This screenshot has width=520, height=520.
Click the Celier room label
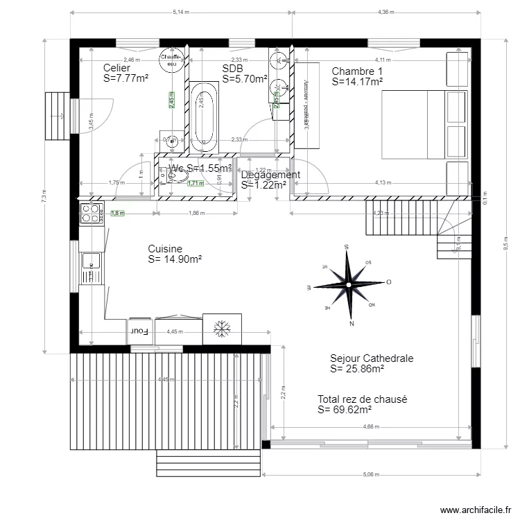click(116, 68)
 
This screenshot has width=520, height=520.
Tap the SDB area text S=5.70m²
click(245, 80)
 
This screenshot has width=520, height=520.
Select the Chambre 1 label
click(357, 71)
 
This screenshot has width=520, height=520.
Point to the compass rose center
click(348, 281)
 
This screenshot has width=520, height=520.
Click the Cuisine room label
click(165, 249)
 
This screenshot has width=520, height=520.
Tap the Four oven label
click(141, 331)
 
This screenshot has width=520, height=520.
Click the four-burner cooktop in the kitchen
click(90, 213)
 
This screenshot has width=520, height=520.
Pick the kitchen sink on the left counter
click(90, 262)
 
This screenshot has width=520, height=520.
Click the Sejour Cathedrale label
click(372, 358)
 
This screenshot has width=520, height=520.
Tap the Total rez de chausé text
click(362, 399)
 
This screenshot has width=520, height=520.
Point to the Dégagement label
click(270, 175)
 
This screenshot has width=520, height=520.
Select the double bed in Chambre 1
click(423, 125)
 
